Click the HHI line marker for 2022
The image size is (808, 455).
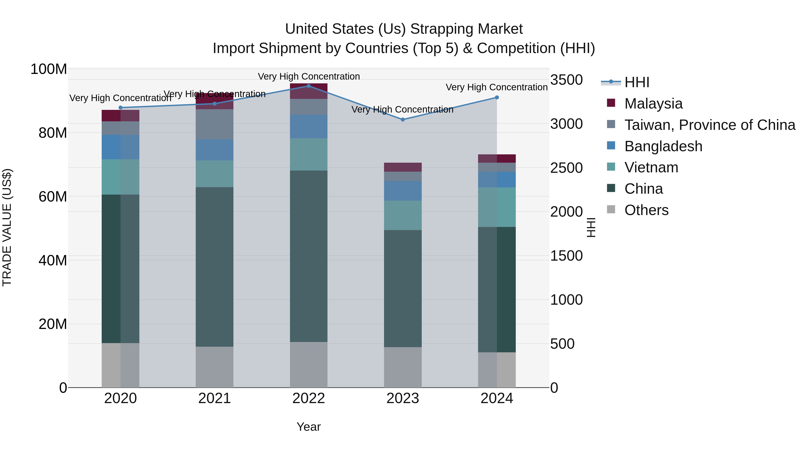coord(309,86)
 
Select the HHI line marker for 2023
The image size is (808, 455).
coord(403,120)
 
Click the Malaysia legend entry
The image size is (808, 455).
coord(653,104)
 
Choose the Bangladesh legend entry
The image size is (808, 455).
coord(663,146)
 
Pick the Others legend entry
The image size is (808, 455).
coord(646,210)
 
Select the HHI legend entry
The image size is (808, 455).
coord(637,82)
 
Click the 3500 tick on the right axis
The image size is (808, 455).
coord(566,80)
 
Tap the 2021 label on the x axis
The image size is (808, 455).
coord(215,398)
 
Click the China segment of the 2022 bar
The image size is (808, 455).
coord(309,256)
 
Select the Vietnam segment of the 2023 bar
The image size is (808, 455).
coord(403,215)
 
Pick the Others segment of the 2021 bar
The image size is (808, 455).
coord(215,367)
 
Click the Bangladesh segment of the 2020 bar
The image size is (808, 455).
coord(121,147)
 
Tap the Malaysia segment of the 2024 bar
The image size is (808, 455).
coord(497,159)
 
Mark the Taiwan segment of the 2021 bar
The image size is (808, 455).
coord(215,124)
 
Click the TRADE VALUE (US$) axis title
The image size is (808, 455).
coord(7,227)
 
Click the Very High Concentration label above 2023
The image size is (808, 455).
coord(402,110)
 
